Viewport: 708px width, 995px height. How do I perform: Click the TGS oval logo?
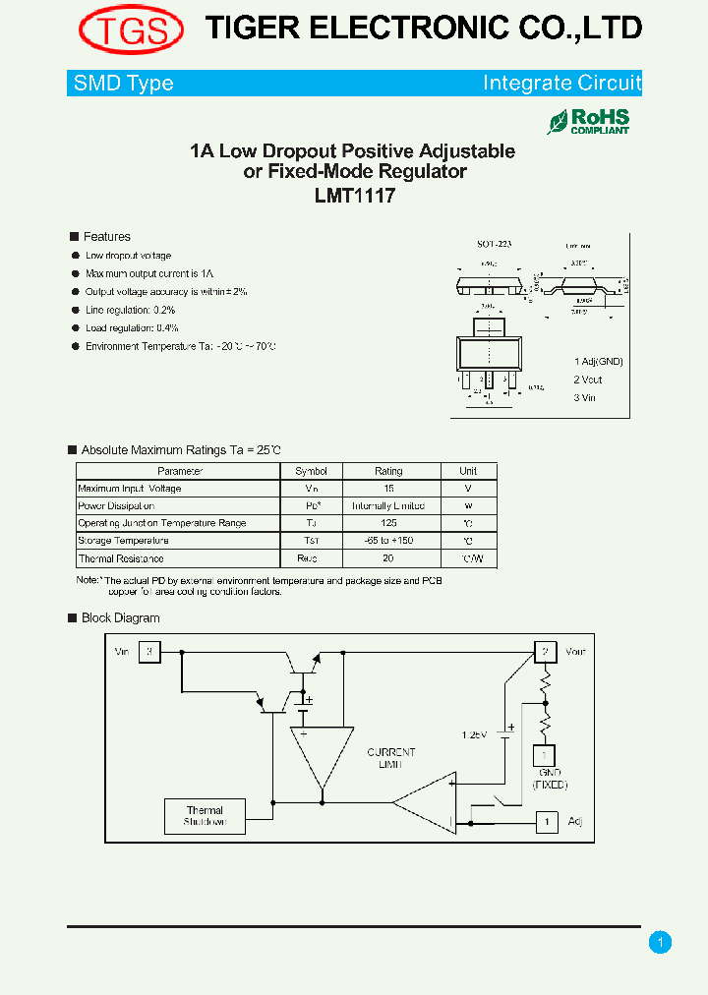131,29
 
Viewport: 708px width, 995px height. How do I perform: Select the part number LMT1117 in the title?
354,196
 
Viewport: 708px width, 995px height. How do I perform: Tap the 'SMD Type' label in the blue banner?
124,84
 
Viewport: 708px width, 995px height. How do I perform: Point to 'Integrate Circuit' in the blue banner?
561,84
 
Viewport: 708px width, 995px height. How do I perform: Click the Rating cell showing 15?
388,489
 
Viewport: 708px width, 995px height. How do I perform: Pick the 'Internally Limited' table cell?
388,505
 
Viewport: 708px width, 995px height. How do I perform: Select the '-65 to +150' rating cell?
388,541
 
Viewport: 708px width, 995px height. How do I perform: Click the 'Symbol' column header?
311,471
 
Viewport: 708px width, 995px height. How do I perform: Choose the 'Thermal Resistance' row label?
122,558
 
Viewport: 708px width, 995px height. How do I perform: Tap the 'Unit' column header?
468,471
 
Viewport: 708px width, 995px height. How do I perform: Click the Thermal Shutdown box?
205,816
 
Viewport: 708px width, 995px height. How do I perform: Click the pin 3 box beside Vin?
149,652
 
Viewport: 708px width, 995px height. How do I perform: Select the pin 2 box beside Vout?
545,652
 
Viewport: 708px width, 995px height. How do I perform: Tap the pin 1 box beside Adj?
545,821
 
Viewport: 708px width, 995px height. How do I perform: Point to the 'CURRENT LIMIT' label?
391,758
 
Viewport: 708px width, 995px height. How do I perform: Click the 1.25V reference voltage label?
475,734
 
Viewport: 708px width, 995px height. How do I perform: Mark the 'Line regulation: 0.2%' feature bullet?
130,310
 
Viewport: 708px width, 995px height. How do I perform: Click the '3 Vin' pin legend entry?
586,398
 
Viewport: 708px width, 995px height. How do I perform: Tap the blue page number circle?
660,943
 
